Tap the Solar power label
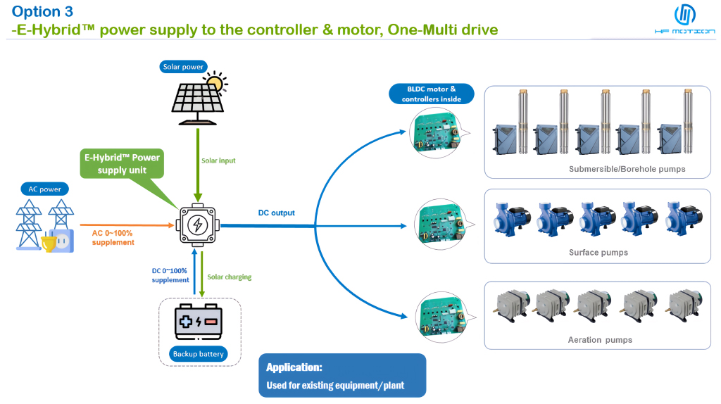(x=182, y=67)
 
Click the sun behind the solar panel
(x=214, y=83)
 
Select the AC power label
(x=45, y=189)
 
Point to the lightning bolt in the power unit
(x=198, y=225)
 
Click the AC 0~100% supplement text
(x=113, y=237)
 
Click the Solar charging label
(x=229, y=277)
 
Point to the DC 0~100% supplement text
(x=170, y=275)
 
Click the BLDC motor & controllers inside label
(x=432, y=94)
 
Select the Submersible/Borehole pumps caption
(x=627, y=169)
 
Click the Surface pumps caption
(x=598, y=252)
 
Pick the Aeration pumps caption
(x=599, y=340)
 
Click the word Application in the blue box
(x=294, y=367)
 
